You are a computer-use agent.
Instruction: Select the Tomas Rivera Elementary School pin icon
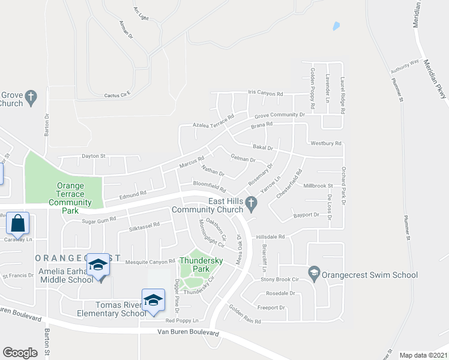coord(153,301)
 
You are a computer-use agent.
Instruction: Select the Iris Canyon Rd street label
coord(265,94)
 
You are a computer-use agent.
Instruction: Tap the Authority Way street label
coord(405,66)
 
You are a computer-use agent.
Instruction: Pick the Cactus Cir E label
coord(117,95)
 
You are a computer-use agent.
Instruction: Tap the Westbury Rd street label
coord(326,143)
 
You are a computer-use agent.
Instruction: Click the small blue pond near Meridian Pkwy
coord(336,26)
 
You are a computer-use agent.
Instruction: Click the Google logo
coord(20,353)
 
